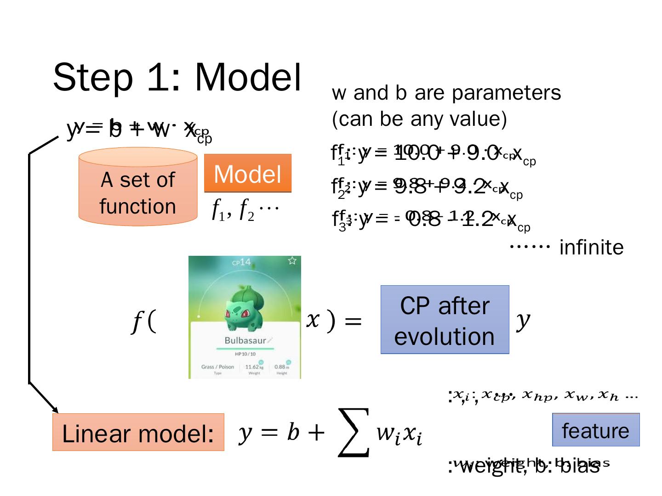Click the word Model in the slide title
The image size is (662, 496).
pos(248,77)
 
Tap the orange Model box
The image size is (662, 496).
pos(247,174)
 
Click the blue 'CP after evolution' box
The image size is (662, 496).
pos(445,320)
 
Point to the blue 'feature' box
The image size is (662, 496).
pos(595,430)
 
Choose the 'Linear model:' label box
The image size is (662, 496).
pos(138,433)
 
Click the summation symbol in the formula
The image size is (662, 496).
pos(354,433)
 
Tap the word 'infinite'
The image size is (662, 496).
pos(591,248)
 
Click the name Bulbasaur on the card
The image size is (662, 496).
pos(245,340)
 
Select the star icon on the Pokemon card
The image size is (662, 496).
pos(292,261)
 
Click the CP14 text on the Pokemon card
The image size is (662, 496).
pos(241,262)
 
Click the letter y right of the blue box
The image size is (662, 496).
pos(523,320)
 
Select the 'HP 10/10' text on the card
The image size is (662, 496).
pos(245,354)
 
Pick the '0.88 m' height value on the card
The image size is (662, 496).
pos(281,366)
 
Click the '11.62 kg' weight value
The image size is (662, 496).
pos(254,366)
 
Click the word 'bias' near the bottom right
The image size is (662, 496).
pos(582,466)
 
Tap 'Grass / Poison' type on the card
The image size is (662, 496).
pos(217,366)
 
